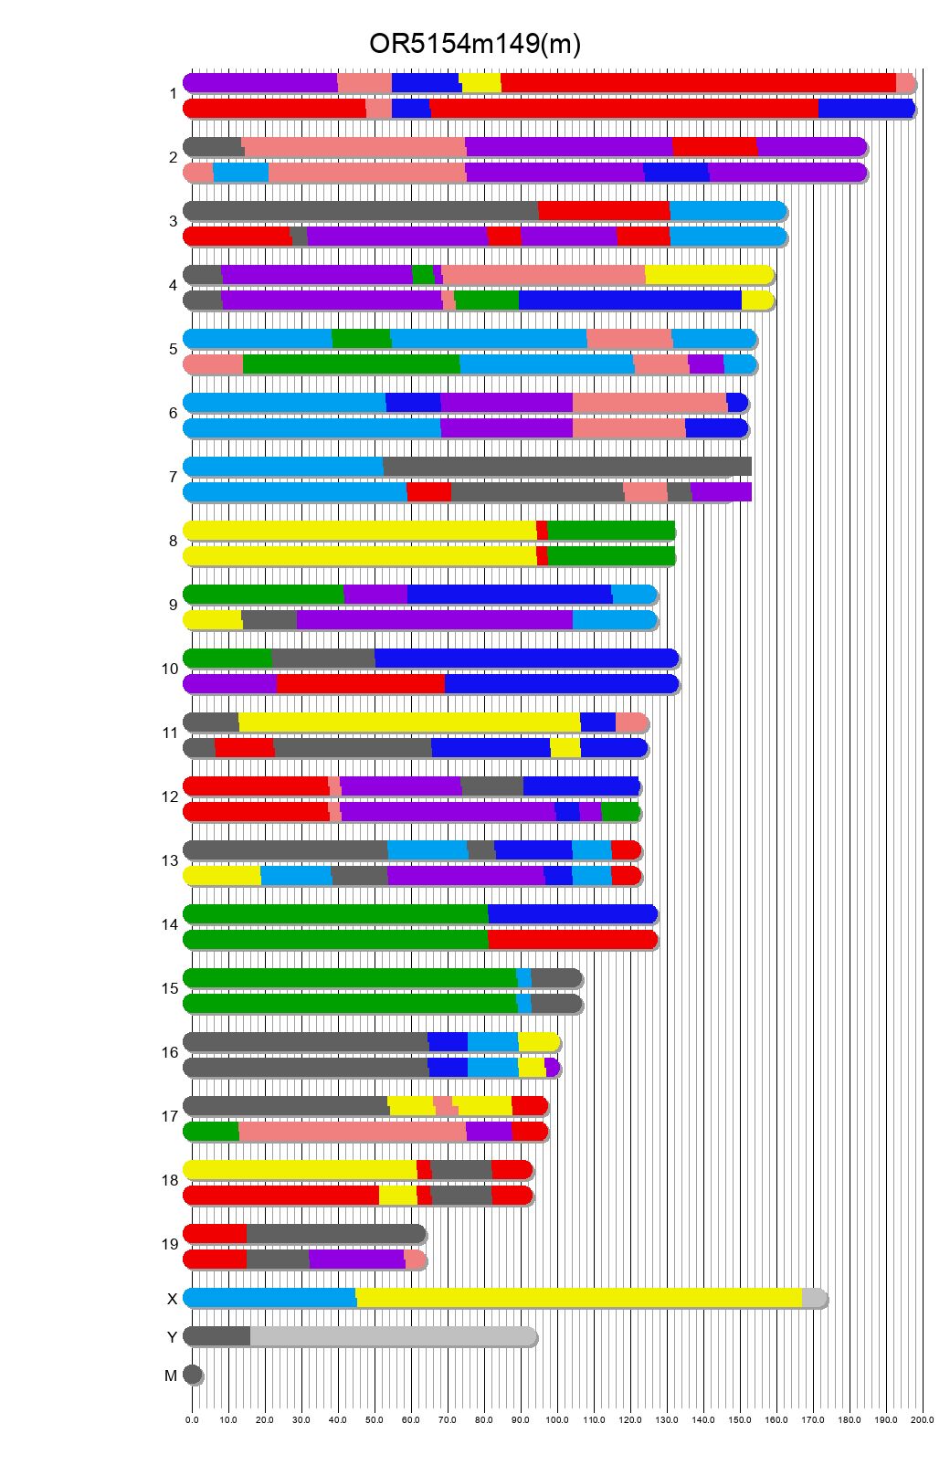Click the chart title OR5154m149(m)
point(474,44)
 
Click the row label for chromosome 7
point(173,477)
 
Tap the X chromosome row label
point(172,1299)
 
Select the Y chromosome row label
point(172,1337)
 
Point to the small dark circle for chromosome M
point(192,1375)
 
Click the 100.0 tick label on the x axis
point(557,1420)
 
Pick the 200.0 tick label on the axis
point(923,1420)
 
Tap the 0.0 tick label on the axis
point(192,1420)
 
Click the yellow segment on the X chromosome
point(578,1298)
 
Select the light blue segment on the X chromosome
point(270,1298)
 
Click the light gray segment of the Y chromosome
point(393,1336)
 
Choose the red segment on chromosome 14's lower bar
point(572,940)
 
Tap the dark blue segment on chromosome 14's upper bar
point(572,914)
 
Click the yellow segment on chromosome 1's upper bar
point(480,83)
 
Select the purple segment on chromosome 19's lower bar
point(356,1260)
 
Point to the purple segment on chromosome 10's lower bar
point(231,684)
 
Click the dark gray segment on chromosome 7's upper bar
point(566,467)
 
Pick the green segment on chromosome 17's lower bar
point(212,1132)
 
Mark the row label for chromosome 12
point(170,796)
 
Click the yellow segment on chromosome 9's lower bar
point(214,620)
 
